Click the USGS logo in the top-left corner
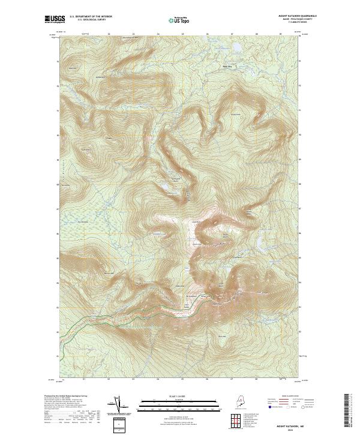click(55, 19)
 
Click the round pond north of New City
click(236, 46)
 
